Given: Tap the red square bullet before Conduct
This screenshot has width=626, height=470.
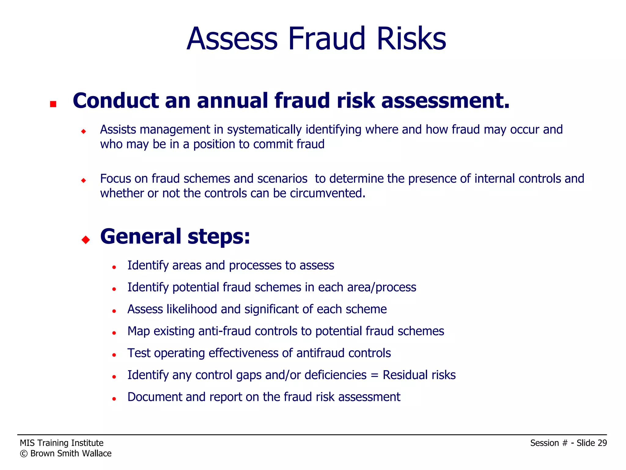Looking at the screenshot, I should coord(53,104).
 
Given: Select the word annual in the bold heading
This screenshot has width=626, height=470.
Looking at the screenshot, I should coord(232,101).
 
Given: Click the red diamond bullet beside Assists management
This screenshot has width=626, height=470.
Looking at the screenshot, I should coord(83,132).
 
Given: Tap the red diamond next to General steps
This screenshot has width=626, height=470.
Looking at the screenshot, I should coord(86,240).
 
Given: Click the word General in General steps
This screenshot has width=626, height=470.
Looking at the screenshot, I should coord(141,237).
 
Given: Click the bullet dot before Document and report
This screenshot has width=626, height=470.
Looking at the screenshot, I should coord(114,399).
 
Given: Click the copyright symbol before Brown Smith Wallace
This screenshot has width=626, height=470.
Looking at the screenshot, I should coord(24,454).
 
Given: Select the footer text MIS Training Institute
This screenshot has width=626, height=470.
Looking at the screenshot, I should coord(61,443).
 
